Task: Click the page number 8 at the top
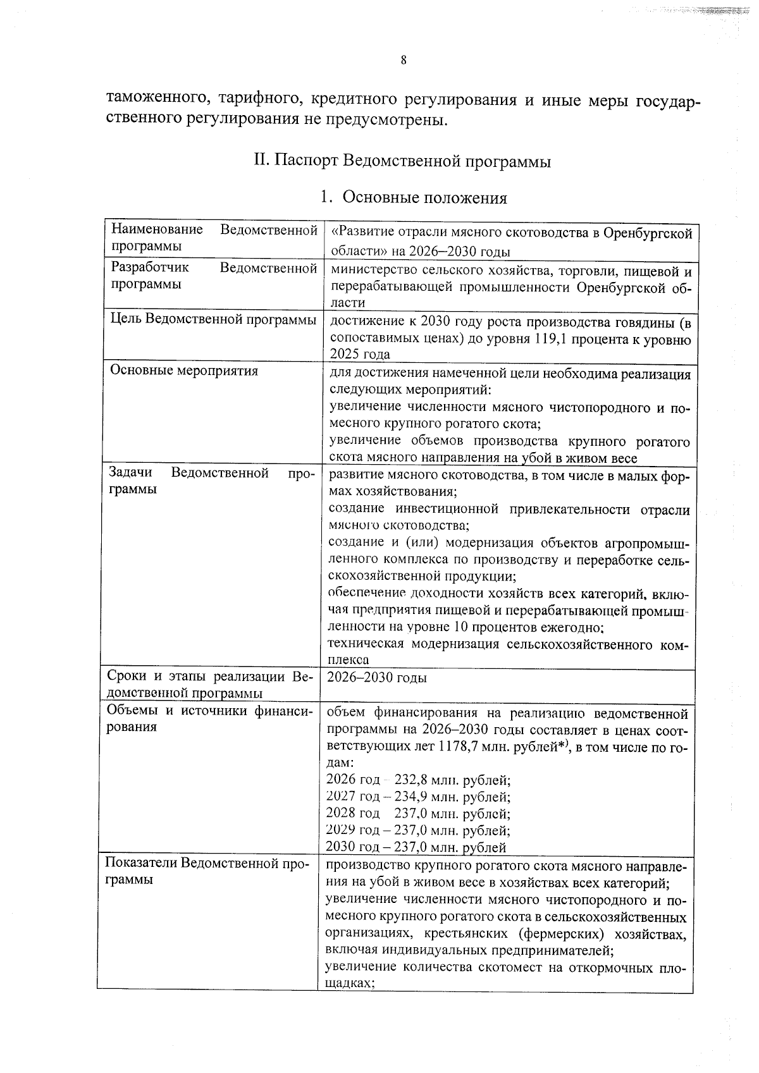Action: [x=403, y=61]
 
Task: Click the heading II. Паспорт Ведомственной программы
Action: [x=402, y=161]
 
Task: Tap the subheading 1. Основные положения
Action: [x=414, y=198]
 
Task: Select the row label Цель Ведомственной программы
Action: [x=213, y=319]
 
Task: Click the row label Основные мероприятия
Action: [x=183, y=371]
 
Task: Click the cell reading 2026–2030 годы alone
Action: [x=376, y=678]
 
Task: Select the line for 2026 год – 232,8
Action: [x=417, y=780]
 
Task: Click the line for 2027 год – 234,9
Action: [x=417, y=797]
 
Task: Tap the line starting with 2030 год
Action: [x=416, y=847]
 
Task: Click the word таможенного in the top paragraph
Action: [x=151, y=99]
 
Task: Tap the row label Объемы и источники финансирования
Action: [x=209, y=719]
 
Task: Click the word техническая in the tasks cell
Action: [x=366, y=644]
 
